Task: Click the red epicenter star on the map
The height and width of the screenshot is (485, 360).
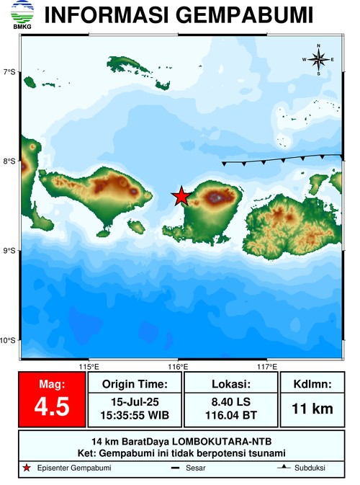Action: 181,196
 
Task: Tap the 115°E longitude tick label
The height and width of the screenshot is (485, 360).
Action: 89,366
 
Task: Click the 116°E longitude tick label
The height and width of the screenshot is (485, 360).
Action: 179,366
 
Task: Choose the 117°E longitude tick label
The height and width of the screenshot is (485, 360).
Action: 268,366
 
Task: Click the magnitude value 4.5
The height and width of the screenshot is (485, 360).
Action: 52,407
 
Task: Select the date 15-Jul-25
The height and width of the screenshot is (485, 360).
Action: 135,400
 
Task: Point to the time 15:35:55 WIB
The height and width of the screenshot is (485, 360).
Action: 135,414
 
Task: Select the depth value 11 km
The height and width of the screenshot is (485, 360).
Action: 312,409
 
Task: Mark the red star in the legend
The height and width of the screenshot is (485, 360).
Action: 27,468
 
